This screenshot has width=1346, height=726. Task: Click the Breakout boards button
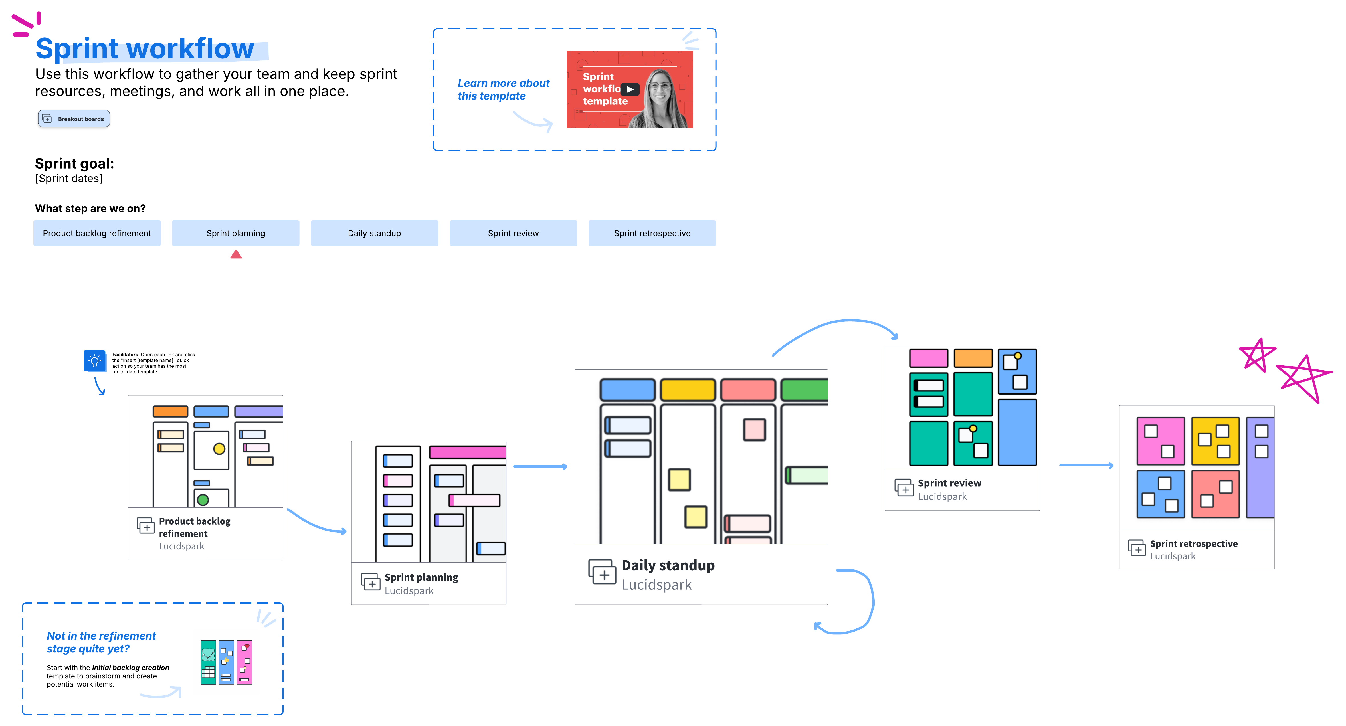(74, 119)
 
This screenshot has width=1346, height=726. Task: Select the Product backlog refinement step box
(97, 233)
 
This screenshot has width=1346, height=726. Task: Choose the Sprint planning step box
(236, 233)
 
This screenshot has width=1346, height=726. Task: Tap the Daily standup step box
(374, 233)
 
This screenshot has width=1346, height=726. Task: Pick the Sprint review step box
(513, 233)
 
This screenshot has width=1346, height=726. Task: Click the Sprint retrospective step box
(652, 233)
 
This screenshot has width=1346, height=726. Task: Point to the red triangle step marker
(236, 254)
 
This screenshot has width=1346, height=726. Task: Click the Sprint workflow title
(145, 48)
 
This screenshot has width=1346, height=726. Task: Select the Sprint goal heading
(74, 163)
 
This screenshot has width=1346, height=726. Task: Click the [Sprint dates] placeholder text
(68, 179)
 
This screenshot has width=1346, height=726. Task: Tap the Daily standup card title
(668, 565)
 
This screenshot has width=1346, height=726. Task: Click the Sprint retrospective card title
(1193, 544)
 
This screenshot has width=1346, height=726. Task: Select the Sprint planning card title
(421, 577)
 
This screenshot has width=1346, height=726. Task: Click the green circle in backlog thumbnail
(203, 500)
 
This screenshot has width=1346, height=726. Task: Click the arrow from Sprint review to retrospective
(1086, 465)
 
